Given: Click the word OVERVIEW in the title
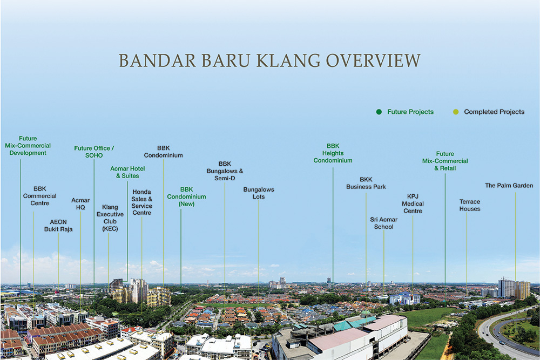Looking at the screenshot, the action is tap(373, 60).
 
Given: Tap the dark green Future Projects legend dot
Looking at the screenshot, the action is tap(379, 112).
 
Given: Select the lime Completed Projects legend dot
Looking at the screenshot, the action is tap(456, 112).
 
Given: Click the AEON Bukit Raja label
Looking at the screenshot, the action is tap(58, 226).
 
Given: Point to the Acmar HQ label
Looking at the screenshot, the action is tap(80, 203).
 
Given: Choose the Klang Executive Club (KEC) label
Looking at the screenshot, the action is tap(110, 218).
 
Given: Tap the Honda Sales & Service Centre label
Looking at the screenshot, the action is tap(141, 202).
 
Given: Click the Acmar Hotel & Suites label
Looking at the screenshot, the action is tap(127, 172).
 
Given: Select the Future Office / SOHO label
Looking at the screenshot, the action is tap(94, 152).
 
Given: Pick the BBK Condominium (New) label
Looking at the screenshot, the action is tap(186, 196).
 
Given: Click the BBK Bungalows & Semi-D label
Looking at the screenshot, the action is tap(225, 171).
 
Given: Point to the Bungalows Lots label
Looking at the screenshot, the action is tap(259, 193).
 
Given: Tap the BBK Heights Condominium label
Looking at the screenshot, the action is tap(333, 153).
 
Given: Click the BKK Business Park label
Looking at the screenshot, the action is tap(366, 183).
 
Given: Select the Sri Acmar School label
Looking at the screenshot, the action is tap(383, 223).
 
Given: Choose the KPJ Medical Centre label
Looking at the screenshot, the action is tap(413, 203).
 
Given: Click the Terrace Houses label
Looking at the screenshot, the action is tap(470, 205).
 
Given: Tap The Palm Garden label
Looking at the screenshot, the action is tap(509, 186).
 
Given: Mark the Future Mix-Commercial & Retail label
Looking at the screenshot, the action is tap(445, 161).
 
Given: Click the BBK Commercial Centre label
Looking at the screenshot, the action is tap(39, 196).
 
